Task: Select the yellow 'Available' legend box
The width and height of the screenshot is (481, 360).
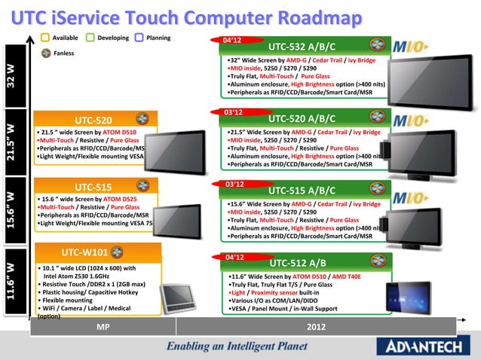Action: pos(45,38)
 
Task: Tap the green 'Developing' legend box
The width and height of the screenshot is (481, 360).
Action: pos(90,38)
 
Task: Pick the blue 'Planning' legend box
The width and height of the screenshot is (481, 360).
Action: pos(139,38)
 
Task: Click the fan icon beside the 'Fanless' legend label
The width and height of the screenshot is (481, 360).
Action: pos(45,52)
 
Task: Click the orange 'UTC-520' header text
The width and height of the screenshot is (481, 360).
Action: pos(93,120)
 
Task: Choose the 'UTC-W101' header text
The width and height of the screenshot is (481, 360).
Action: pos(84,252)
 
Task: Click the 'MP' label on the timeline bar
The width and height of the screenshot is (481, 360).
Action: pos(101,327)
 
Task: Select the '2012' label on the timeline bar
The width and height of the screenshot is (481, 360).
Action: pos(317,327)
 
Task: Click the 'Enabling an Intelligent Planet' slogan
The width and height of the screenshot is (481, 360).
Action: pos(237,347)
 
